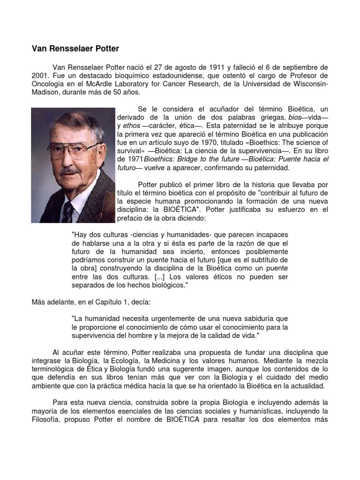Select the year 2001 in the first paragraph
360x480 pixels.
click(x=39, y=75)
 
